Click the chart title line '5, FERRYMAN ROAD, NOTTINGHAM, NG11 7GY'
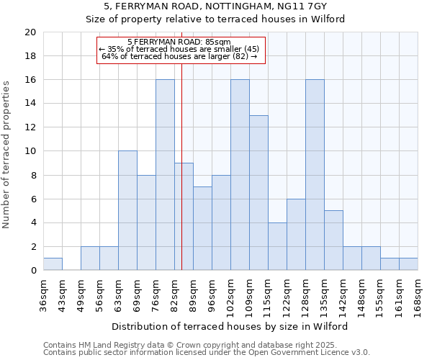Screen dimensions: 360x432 tap(215, 7)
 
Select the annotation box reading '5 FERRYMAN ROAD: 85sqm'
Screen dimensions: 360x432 tap(181, 49)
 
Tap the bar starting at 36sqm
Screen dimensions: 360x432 tap(53, 264)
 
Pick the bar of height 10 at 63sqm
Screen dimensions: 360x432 tap(127, 210)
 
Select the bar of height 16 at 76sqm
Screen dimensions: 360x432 tap(165, 175)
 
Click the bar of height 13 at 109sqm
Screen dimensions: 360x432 tap(258, 193)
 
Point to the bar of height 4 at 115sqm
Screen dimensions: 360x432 tap(277, 246)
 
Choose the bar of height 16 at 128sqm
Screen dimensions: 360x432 tap(315, 175)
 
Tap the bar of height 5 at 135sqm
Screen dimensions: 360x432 tap(333, 240)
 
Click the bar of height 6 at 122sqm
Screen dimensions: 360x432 tap(296, 235)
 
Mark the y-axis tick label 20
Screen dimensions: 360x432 tap(30, 32)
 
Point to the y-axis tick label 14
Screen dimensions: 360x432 tap(30, 104)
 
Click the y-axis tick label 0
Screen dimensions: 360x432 tap(33, 271)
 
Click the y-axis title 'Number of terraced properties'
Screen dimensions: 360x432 tap(6, 154)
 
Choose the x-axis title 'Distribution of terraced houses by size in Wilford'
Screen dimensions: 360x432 tap(230, 326)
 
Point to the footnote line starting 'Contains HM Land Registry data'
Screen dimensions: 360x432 tap(206, 345)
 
